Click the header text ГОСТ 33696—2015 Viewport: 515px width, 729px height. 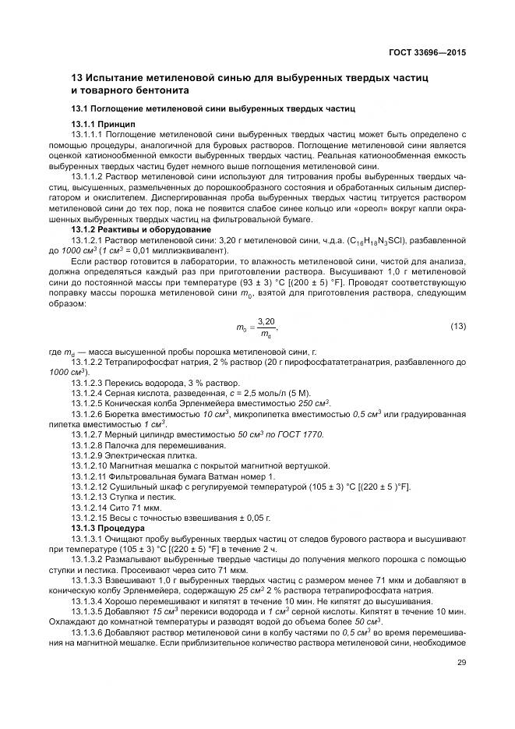point(432,54)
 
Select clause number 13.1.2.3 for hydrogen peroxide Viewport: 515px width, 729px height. point(88,382)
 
